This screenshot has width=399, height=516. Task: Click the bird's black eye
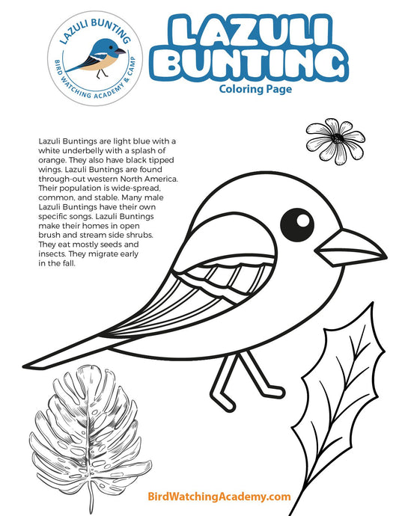(x=297, y=222)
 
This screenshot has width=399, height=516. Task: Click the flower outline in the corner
(x=335, y=140)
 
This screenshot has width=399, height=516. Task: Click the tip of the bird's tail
(x=41, y=364)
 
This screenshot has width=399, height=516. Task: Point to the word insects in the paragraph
(x=53, y=254)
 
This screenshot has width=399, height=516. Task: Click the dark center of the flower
(x=338, y=138)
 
